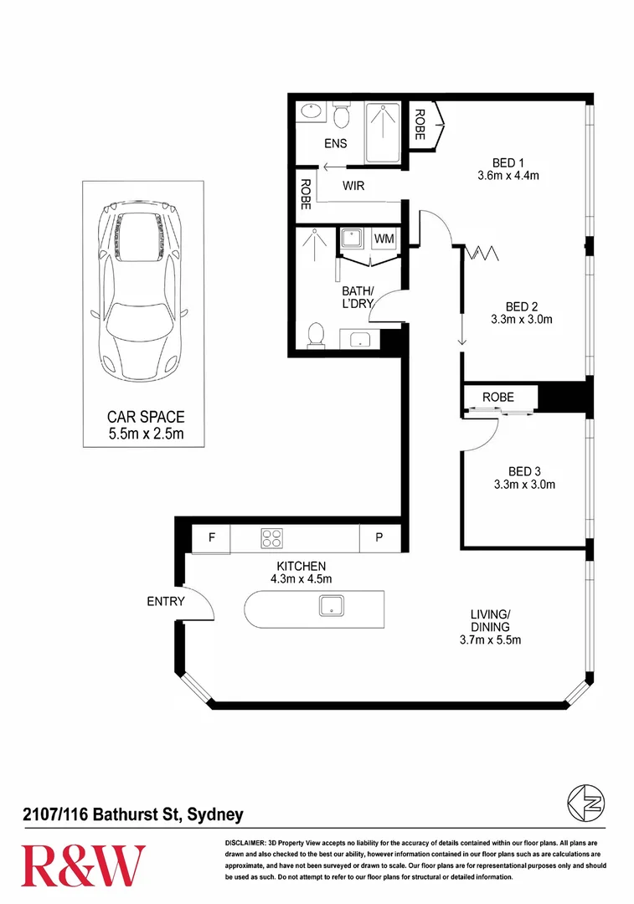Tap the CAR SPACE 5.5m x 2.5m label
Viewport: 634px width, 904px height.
point(146,425)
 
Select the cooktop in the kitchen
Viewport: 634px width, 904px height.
point(271,538)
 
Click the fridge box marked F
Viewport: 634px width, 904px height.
point(212,539)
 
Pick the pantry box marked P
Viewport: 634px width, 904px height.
point(379,539)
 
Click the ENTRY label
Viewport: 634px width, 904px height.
point(164,601)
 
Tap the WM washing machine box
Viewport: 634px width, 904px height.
point(384,239)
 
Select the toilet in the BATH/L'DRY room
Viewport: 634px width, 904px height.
point(316,335)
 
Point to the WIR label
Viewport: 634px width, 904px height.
point(353,186)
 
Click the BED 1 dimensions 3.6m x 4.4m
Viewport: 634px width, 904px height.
point(507,176)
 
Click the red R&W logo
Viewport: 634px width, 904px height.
point(83,865)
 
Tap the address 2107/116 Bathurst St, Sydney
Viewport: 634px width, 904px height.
point(132,814)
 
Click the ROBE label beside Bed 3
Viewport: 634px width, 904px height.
point(498,397)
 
